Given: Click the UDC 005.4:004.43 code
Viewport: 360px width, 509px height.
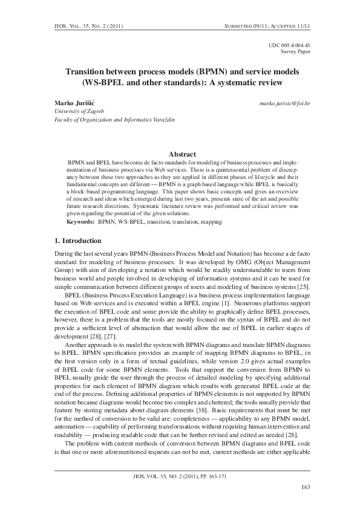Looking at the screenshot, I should pyautogui.click(x=289, y=45).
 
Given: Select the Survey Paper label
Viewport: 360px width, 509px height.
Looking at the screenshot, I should pyautogui.click(x=296, y=52).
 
